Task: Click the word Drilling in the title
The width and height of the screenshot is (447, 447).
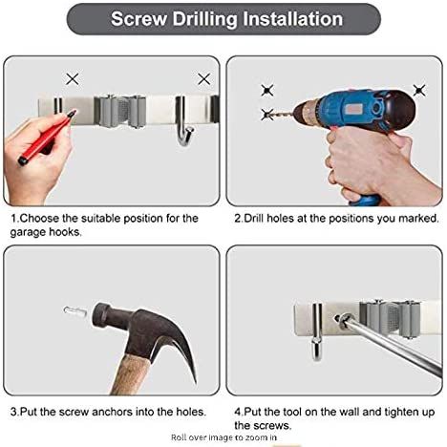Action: [x=204, y=19]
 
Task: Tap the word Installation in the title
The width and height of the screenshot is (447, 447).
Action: [x=293, y=18]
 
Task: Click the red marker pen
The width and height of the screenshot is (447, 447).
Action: [x=48, y=137]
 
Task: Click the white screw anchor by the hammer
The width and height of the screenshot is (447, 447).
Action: [x=75, y=310]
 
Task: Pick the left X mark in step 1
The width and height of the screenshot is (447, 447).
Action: [x=73, y=78]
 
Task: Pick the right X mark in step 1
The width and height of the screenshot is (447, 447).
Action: [x=203, y=79]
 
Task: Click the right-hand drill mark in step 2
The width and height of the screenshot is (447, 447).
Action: [x=419, y=91]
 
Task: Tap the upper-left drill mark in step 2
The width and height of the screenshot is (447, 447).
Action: [x=267, y=91]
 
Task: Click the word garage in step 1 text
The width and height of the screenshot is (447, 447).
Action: [x=28, y=232]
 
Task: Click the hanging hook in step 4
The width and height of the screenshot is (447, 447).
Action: [x=317, y=331]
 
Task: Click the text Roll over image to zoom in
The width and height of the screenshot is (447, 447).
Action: [x=223, y=437]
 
